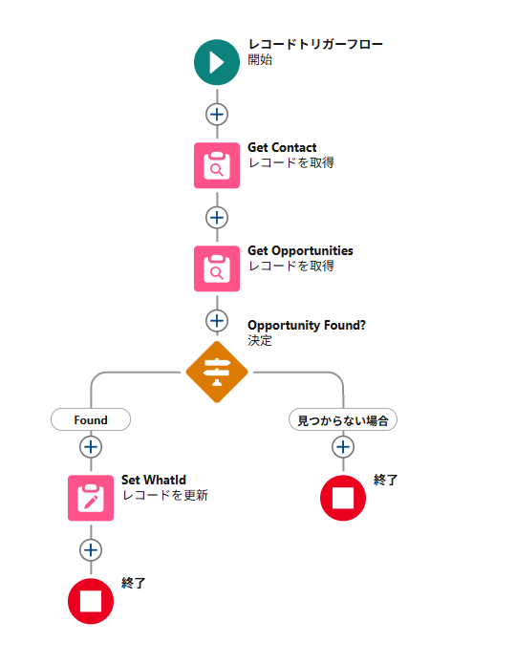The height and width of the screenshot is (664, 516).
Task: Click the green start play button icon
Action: [x=217, y=62]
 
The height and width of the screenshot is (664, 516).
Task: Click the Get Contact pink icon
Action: [x=217, y=165]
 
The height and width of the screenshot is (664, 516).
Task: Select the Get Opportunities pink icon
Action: [x=217, y=268]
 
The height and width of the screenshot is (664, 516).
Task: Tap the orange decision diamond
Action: [x=217, y=372]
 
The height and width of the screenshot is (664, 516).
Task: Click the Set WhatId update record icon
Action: [x=91, y=498]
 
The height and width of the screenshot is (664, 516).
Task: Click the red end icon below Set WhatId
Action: [x=91, y=601]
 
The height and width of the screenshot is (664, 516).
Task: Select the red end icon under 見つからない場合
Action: [x=343, y=498]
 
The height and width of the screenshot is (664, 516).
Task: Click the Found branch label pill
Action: [x=91, y=419]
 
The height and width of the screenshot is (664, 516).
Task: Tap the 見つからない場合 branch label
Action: [x=343, y=419]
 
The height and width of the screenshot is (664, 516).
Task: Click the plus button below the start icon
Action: [x=217, y=115]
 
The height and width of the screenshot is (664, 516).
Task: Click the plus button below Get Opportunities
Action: [x=217, y=321]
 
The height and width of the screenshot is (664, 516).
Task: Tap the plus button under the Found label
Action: [x=91, y=447]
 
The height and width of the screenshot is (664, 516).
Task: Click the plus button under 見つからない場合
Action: [x=343, y=447]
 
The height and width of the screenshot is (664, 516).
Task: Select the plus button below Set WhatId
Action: [x=91, y=550]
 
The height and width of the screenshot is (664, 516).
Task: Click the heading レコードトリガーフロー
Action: [x=315, y=44]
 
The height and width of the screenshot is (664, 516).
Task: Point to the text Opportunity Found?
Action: [x=307, y=325]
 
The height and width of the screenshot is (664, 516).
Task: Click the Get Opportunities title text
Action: [x=300, y=250]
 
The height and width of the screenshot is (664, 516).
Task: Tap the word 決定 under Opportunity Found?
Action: [x=260, y=340]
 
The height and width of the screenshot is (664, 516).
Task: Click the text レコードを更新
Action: [x=164, y=495]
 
